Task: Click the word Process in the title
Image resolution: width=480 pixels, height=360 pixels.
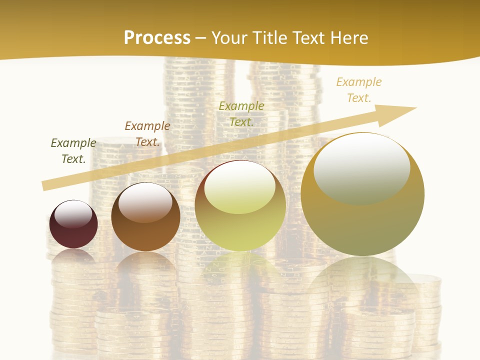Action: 157,38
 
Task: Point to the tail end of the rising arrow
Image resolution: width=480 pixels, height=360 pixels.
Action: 45,185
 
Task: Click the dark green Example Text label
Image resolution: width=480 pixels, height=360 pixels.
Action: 73,150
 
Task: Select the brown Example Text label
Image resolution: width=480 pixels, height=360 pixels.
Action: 147,134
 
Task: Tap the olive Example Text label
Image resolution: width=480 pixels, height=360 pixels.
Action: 241,113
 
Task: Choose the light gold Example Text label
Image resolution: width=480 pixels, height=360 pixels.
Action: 358,89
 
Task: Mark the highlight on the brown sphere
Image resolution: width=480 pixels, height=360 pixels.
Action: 145,201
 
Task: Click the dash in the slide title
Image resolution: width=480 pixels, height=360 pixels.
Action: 201,38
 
